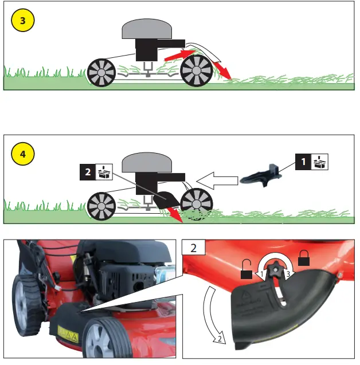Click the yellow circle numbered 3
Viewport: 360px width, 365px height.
tap(22, 21)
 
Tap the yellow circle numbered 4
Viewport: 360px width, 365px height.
tap(22, 154)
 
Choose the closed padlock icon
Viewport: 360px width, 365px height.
tap(304, 259)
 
